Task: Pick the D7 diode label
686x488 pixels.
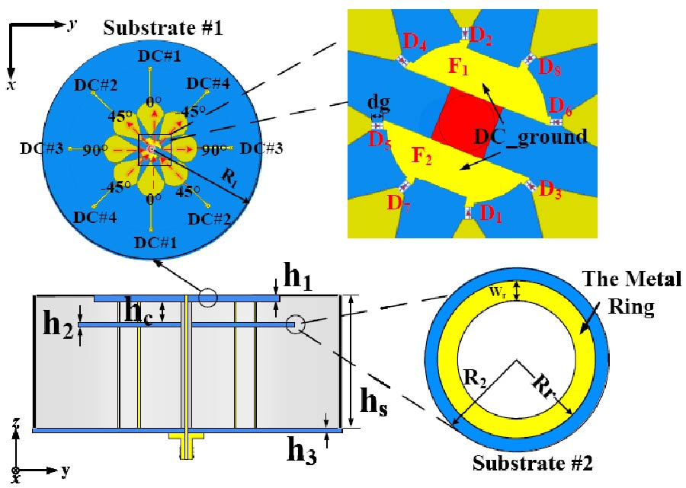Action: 397,203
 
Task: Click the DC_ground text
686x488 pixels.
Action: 531,136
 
